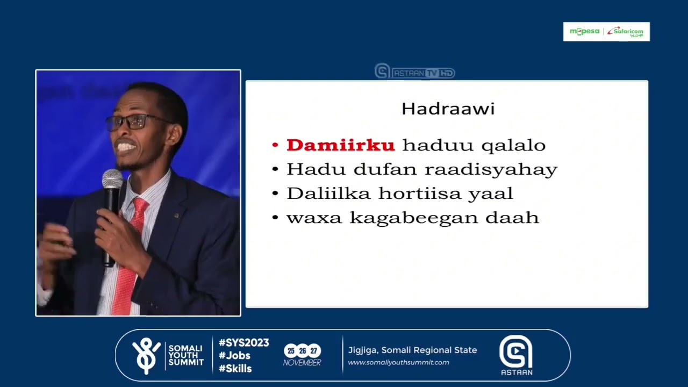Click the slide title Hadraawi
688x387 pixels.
[448, 109]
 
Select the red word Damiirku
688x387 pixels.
[341, 145]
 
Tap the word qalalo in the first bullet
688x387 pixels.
[513, 145]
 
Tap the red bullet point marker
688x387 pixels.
[275, 146]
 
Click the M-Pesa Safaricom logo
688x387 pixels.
[606, 32]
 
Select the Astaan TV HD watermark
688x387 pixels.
[415, 72]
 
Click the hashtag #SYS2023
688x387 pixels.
[243, 343]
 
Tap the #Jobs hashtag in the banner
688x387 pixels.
[234, 356]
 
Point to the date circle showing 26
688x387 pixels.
[303, 351]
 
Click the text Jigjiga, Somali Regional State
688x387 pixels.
[412, 350]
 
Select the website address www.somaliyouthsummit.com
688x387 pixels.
[398, 362]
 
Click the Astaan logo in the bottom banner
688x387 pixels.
[515, 355]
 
